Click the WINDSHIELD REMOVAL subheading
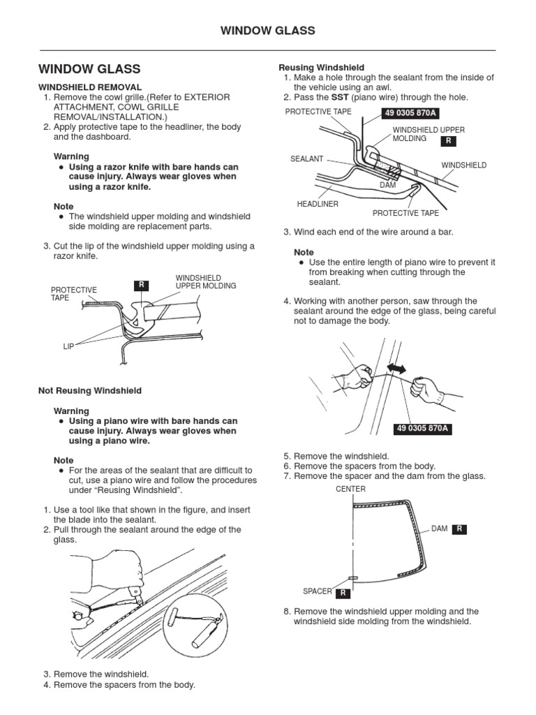[90, 87]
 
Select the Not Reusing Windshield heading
[90, 390]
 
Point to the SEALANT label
[306, 159]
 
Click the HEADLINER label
[318, 204]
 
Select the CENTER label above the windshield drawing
[350, 489]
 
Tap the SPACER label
[317, 591]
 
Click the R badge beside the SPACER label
[343, 594]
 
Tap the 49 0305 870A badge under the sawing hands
[423, 429]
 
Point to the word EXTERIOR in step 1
[204, 97]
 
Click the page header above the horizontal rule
[267, 31]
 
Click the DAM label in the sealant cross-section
[387, 186]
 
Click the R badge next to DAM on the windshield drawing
[460, 529]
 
